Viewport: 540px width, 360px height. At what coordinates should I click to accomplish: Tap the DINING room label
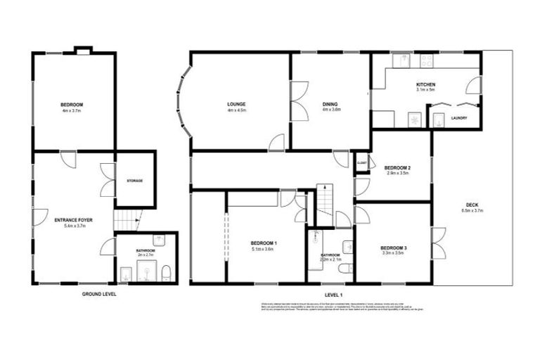[331, 104]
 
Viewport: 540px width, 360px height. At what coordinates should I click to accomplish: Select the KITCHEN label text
[426, 84]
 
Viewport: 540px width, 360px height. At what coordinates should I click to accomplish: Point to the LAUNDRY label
[460, 118]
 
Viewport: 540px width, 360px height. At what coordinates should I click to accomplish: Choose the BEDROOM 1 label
[264, 243]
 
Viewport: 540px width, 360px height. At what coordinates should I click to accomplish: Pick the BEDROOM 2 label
[398, 167]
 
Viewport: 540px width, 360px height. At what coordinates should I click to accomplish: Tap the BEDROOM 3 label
[392, 247]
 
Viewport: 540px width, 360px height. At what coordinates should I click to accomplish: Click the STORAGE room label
[134, 181]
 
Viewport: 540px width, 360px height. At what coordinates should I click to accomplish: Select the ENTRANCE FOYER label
[74, 220]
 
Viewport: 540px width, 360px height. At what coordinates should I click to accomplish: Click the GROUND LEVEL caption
[99, 294]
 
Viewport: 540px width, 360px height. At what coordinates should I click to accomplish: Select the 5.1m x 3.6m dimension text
[264, 249]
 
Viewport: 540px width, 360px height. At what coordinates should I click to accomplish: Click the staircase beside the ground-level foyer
[124, 222]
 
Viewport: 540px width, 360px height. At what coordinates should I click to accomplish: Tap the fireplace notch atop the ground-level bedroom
[83, 50]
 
